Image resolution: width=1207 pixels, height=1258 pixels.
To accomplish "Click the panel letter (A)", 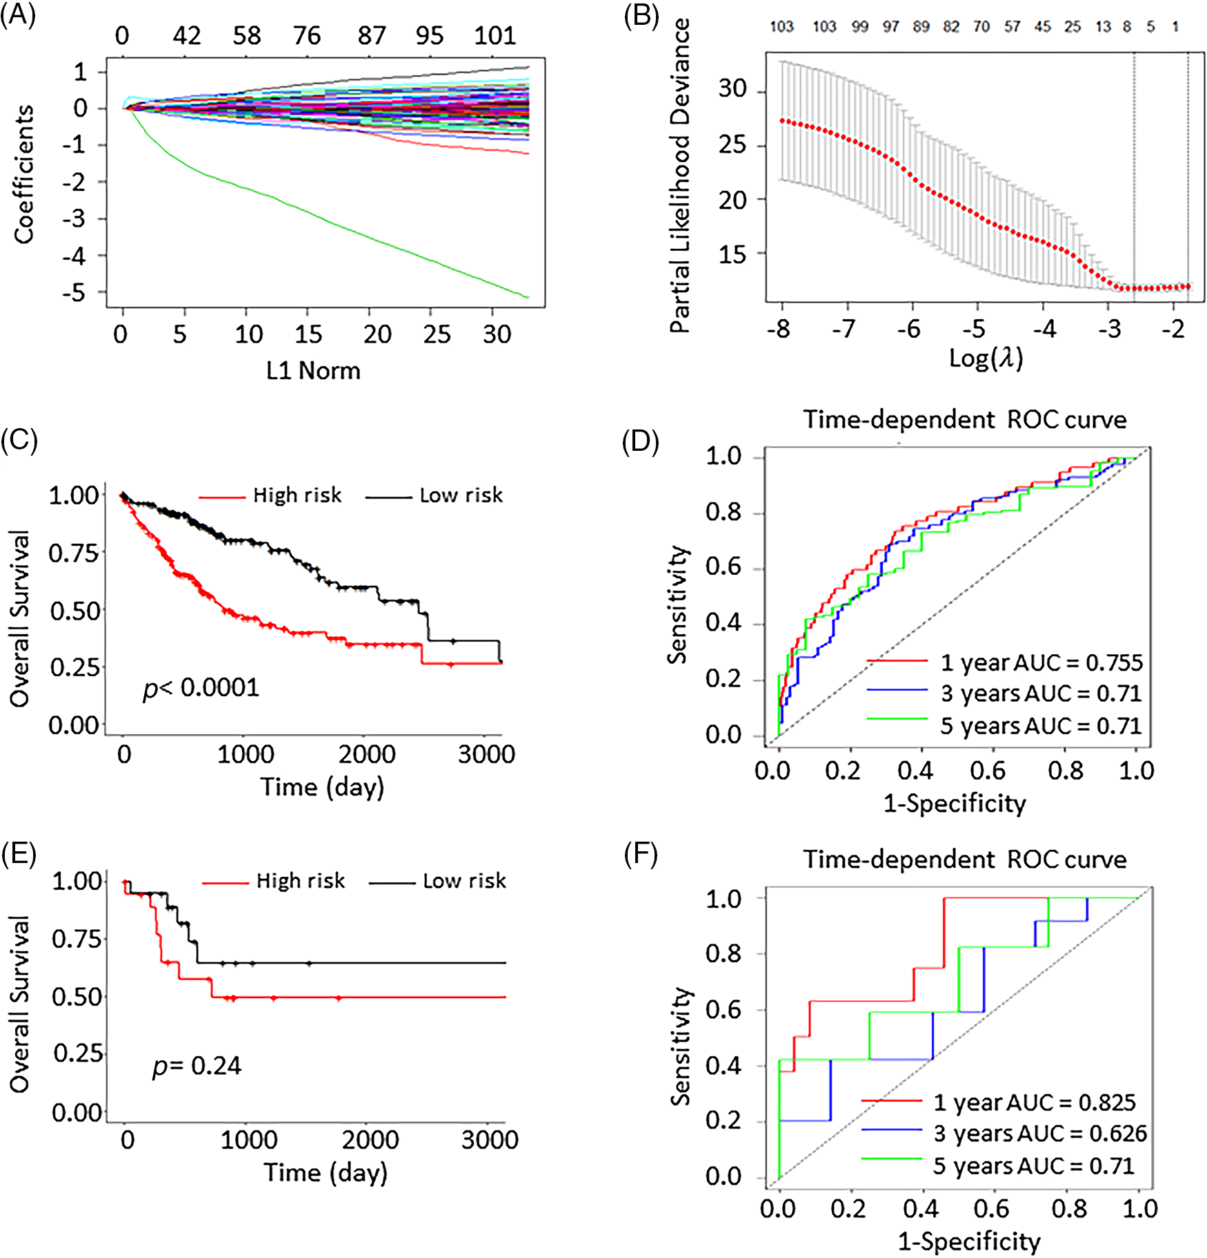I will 18,15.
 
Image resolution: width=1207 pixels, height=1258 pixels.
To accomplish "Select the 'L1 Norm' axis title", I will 313,371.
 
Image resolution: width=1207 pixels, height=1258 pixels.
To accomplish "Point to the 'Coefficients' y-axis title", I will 23,174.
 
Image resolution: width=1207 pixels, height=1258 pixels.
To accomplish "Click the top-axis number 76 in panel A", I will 307,35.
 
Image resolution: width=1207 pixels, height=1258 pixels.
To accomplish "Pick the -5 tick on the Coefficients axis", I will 74,294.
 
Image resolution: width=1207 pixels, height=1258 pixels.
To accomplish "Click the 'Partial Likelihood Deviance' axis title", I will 681,176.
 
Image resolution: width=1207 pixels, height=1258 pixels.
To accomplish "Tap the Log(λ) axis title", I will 986,358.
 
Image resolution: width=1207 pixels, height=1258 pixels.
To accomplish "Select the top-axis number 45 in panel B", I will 1042,27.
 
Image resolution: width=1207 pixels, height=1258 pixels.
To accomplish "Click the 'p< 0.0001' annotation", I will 201,688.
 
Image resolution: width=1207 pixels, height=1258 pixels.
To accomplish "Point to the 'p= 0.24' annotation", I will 197,1066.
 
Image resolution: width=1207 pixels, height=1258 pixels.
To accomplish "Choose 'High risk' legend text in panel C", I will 297,496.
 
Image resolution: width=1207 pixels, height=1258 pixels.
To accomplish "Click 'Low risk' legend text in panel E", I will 464,881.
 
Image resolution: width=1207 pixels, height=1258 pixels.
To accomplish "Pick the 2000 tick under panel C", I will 367,754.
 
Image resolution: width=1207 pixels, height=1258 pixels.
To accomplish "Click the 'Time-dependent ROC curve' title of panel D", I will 964,420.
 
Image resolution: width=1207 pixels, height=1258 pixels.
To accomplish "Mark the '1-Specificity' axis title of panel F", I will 968,1241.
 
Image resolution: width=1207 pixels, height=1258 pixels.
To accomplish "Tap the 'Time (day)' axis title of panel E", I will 326,1173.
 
